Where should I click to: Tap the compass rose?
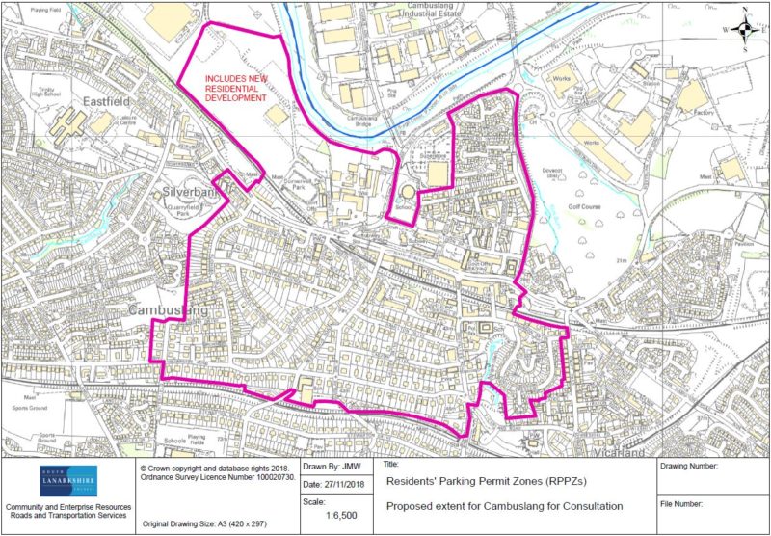click(x=744, y=27)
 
